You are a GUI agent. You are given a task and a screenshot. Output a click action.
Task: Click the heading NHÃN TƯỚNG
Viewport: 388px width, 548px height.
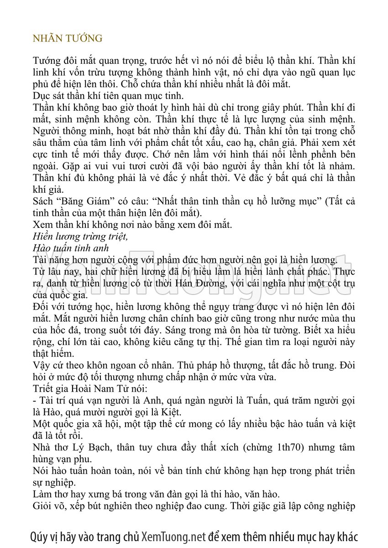(68, 39)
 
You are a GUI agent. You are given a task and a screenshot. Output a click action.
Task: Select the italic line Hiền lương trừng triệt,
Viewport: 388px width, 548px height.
(80, 237)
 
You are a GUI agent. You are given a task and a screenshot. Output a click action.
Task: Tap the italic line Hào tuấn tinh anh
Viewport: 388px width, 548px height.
(71, 248)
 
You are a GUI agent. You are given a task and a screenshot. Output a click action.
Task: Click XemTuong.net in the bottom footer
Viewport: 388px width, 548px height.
(173, 536)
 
